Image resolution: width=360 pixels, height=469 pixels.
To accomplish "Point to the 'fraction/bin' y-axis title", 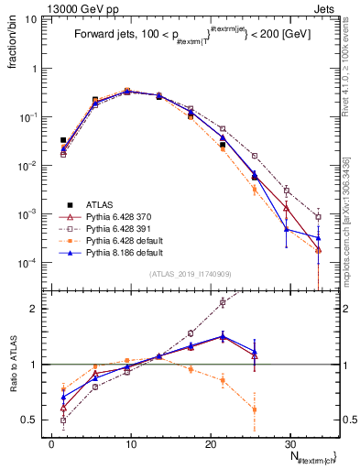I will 12,46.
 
